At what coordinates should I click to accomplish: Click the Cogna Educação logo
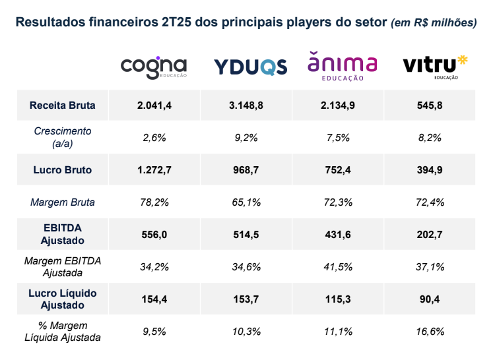click(154, 67)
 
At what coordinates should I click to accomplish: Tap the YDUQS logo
click(251, 67)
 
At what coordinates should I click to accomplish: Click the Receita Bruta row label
click(63, 105)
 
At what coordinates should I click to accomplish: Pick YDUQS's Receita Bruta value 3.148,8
click(247, 105)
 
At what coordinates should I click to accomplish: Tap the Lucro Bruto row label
click(63, 169)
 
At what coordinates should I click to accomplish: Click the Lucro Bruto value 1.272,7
click(154, 169)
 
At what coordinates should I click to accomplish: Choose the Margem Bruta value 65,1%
click(247, 202)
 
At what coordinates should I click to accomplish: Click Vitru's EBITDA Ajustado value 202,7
click(430, 234)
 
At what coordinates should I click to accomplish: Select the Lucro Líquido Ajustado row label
click(63, 299)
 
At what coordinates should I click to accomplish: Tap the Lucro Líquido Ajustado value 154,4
click(154, 299)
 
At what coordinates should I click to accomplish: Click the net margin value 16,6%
click(430, 331)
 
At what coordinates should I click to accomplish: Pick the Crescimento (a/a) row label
click(63, 137)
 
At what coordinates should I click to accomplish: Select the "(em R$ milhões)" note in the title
click(434, 22)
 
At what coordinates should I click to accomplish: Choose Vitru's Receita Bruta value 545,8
click(430, 105)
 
